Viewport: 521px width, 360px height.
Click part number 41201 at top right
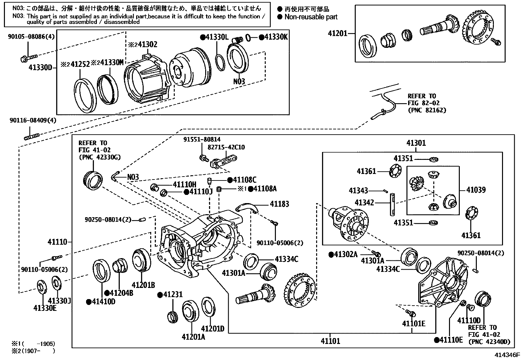point(338,33)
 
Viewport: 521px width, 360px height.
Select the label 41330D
point(40,67)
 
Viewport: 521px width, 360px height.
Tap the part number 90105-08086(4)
point(31,37)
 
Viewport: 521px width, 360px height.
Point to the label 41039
point(476,190)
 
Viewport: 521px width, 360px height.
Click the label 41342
point(364,202)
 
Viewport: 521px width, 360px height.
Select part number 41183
point(279,204)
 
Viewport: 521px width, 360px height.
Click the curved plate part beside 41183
point(247,207)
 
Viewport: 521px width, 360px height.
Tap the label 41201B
point(143,285)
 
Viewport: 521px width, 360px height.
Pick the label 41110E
point(451,340)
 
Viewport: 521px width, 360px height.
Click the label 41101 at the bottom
point(330,341)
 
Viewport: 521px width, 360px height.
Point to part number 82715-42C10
point(228,147)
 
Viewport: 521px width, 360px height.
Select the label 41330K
point(276,37)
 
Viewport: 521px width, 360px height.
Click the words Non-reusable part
point(311,17)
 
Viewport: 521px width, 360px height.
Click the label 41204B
point(121,293)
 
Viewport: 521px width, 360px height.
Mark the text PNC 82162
point(427,110)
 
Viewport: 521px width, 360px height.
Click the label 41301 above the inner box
point(416,143)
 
